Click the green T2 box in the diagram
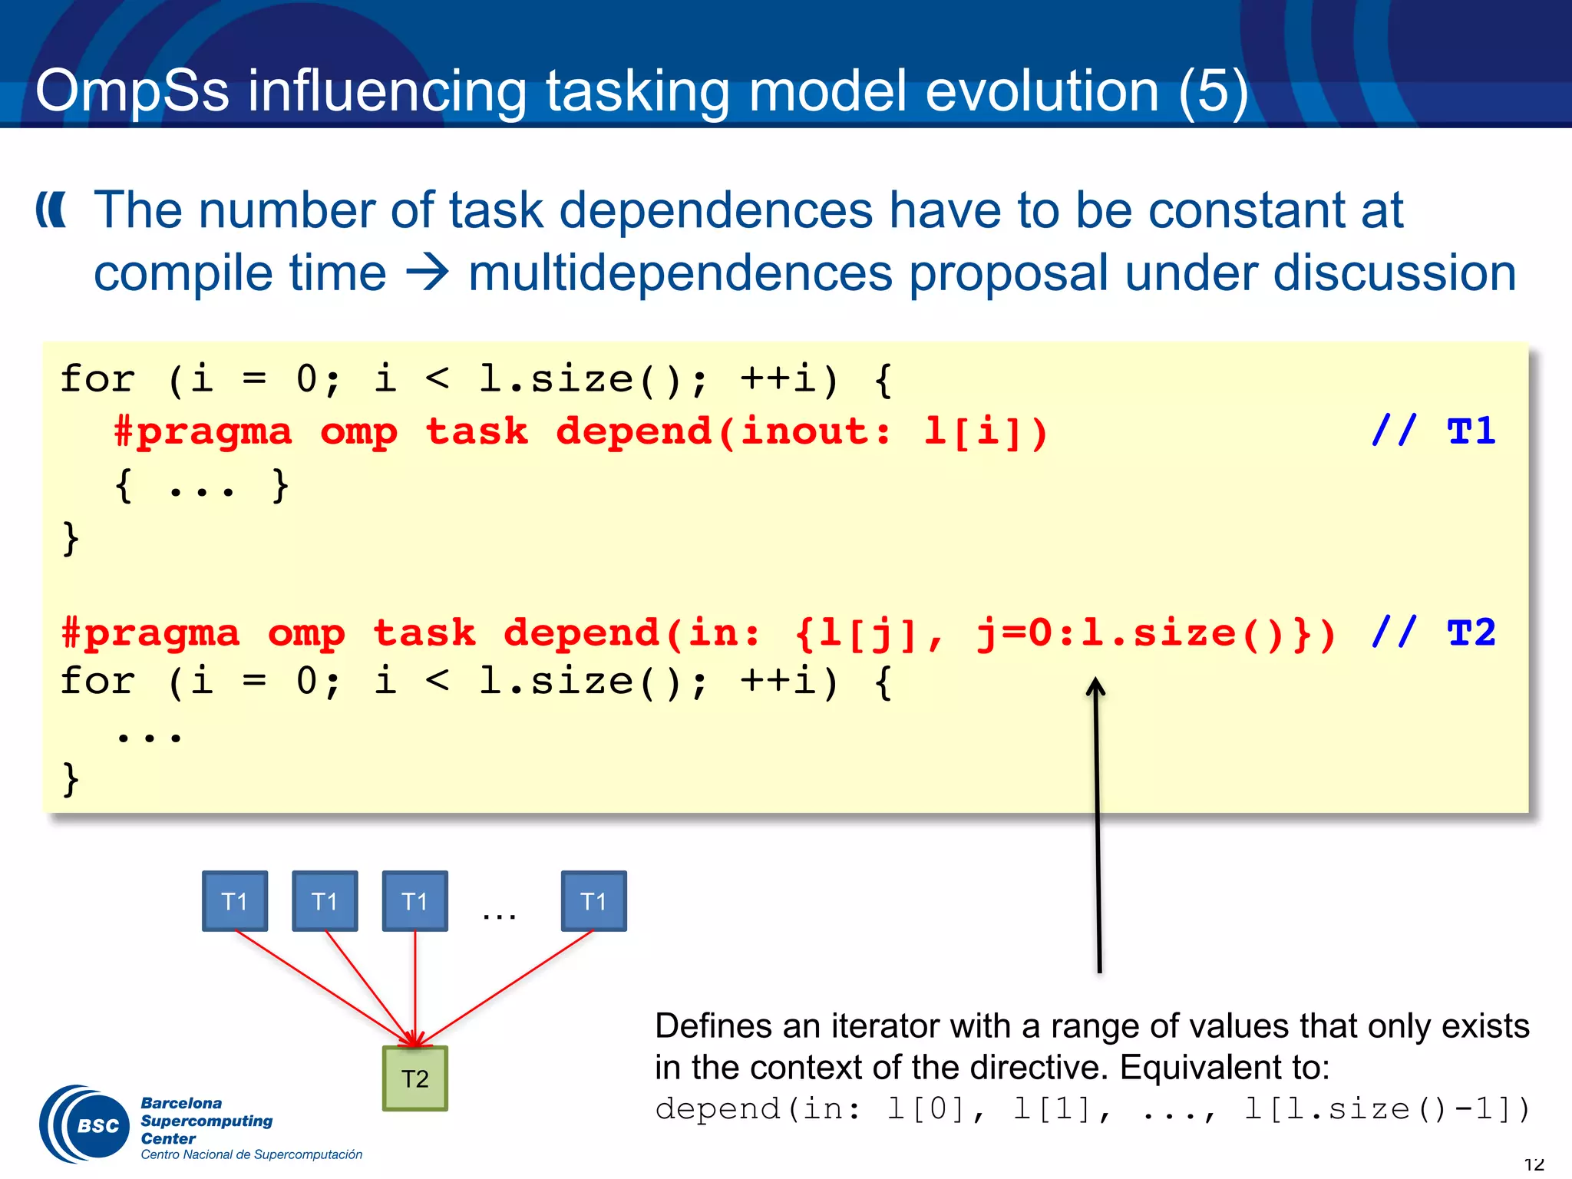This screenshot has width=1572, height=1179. pos(414,1078)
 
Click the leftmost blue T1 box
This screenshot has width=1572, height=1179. pos(235,900)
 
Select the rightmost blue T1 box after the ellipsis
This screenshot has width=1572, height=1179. pos(593,900)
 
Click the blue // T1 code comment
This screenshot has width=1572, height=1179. pos(1433,431)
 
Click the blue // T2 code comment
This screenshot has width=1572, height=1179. pos(1433,633)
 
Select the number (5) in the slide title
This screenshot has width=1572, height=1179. pos(1213,91)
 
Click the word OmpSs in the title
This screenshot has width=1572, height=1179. pos(132,91)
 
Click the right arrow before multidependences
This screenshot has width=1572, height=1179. pos(427,273)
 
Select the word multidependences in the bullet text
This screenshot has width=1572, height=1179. pos(680,273)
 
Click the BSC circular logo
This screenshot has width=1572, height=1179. pos(84,1125)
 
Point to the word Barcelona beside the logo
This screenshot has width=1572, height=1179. pos(181,1103)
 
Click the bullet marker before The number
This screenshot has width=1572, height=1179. pos(51,210)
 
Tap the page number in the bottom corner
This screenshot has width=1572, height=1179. pos(1533,1165)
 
